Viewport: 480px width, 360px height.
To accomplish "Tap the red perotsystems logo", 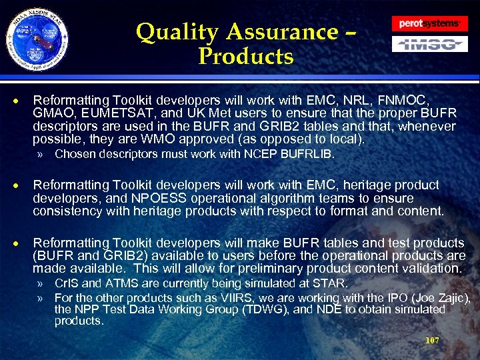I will click(x=429, y=23).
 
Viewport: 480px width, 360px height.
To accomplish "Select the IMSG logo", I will click(x=429, y=45).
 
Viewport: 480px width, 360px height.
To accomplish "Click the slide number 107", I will click(x=432, y=340).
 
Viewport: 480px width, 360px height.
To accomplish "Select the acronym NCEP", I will click(x=273, y=155).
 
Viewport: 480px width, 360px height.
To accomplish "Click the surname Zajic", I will click(x=454, y=297).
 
